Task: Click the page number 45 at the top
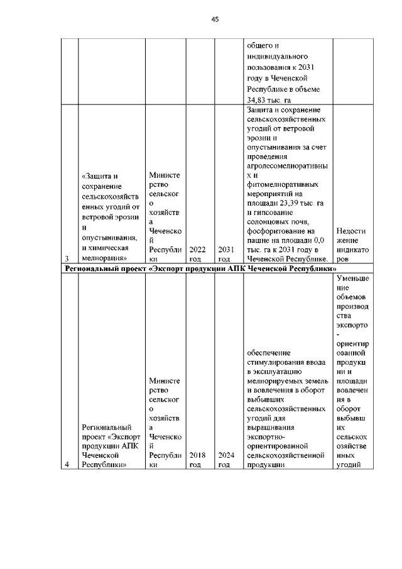[214, 19]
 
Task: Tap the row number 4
[67, 465]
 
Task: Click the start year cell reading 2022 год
[197, 253]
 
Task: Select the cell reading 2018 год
[197, 460]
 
